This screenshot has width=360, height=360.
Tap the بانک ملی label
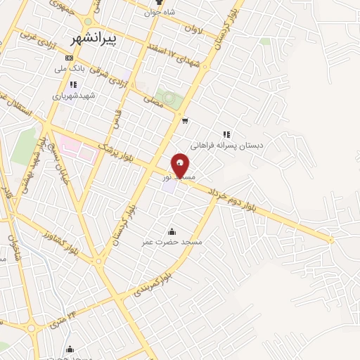pos(70,69)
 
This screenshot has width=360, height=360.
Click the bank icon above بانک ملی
pos(69,58)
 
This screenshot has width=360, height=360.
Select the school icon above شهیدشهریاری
pos(73,84)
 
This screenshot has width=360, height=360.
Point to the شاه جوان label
pos(160,12)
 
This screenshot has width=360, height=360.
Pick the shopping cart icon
pos(185,120)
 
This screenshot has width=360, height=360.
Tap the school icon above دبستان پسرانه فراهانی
pos(226,134)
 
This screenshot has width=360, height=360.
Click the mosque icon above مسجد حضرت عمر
pos(172,231)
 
